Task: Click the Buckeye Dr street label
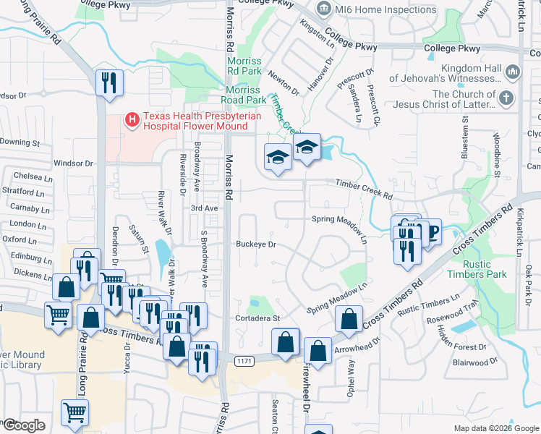click(257, 244)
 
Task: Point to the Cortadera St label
click(257, 318)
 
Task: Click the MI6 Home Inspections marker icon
click(323, 9)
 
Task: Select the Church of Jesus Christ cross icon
click(508, 98)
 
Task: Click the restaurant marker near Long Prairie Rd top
click(109, 82)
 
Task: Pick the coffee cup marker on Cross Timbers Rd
click(432, 232)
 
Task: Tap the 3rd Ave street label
click(204, 208)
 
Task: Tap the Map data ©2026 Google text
click(496, 428)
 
